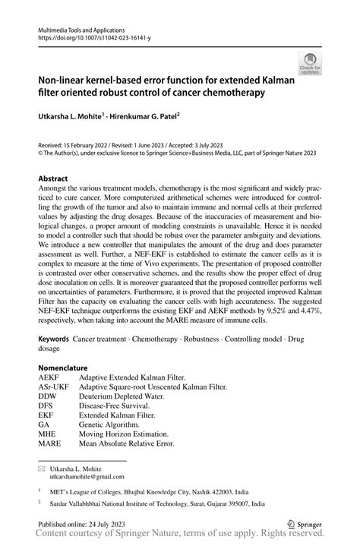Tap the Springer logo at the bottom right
pyautogui.click(x=303, y=523)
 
